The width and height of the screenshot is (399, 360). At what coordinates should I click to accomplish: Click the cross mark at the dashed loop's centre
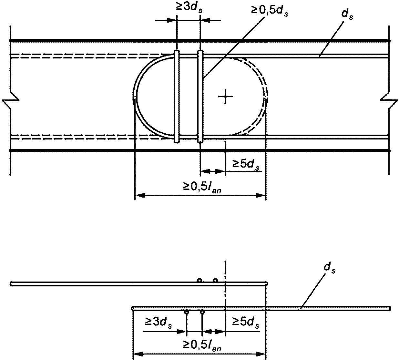tap(225, 97)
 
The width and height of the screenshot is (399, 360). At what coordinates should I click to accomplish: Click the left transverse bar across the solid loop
tap(177, 97)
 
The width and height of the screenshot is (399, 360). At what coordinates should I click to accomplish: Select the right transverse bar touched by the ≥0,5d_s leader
tap(200, 97)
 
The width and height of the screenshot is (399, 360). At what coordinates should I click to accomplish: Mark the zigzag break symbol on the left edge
tap(11, 100)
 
